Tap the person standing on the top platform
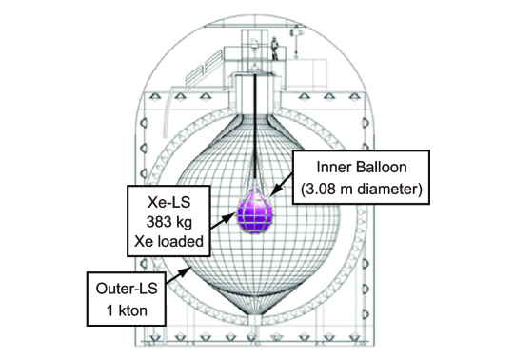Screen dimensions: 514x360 (x=274, y=49)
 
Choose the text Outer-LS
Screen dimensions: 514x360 (x=127, y=289)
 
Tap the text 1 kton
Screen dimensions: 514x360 (x=127, y=310)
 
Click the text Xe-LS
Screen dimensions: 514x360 (x=168, y=202)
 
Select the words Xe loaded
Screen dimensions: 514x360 (x=168, y=241)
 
